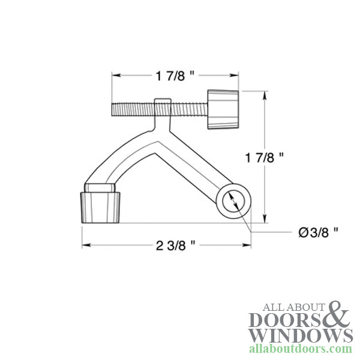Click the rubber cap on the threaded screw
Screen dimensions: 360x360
223,109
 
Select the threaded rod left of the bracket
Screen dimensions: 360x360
132,110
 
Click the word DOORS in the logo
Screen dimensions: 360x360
287,319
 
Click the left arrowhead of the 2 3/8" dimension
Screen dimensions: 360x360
85,245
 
